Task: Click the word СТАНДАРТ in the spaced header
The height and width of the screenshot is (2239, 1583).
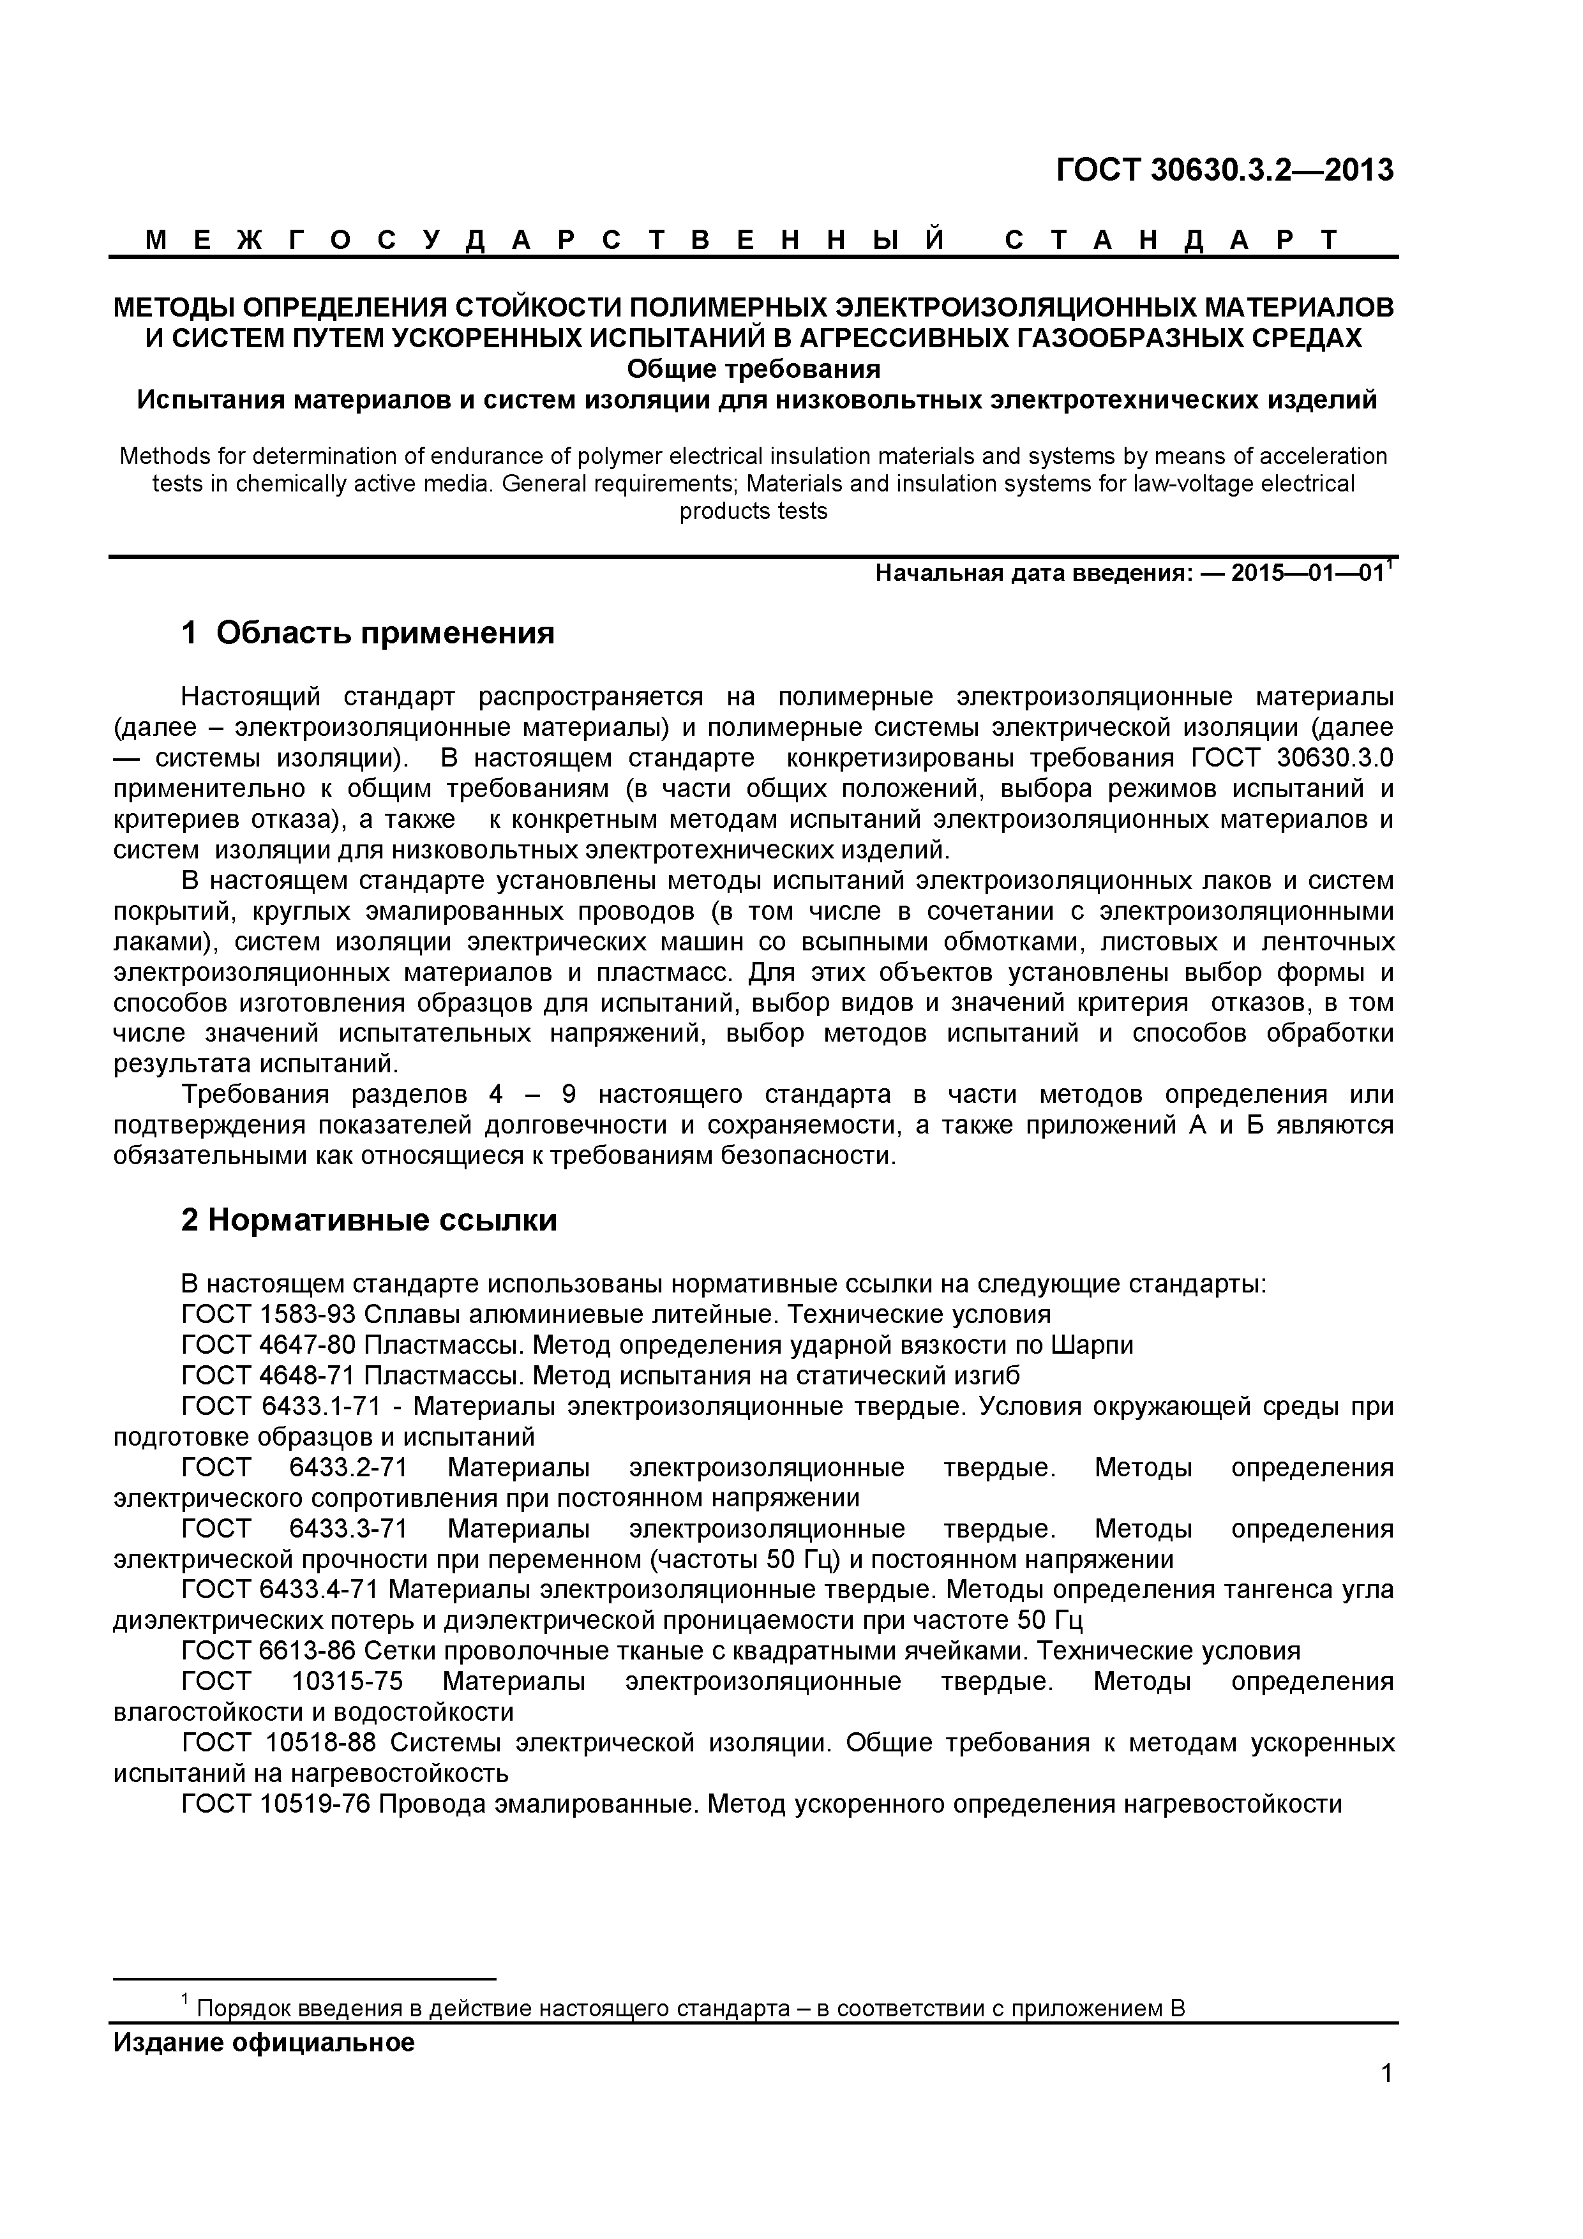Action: pyautogui.click(x=1171, y=240)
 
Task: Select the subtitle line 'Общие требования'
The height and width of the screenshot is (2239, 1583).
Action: pyautogui.click(x=753, y=370)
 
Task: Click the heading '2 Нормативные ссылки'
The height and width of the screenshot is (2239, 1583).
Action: pyautogui.click(x=369, y=1220)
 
